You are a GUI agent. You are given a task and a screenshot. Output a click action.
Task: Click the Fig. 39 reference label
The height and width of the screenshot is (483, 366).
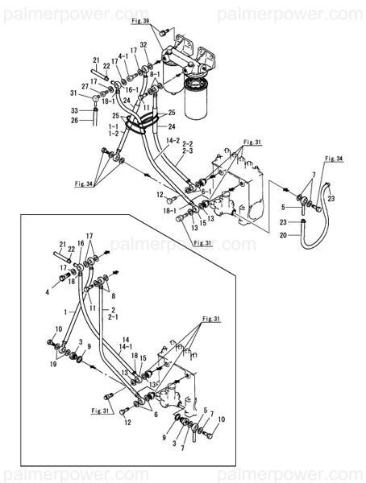tap(140, 21)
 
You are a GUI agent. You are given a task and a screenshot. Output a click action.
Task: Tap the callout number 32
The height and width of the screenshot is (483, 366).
tap(143, 45)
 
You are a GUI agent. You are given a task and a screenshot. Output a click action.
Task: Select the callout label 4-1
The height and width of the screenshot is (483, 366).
tap(123, 56)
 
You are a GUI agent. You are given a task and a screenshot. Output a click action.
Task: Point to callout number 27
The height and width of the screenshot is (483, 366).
tap(85, 87)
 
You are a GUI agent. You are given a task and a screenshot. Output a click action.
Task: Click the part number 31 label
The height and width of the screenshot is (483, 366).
tap(73, 93)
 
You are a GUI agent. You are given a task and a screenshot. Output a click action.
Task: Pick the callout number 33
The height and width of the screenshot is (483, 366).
tap(74, 110)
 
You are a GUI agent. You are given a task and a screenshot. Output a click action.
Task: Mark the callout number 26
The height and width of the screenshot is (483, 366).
tap(74, 120)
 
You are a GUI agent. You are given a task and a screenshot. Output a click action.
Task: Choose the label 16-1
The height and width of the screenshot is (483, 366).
tap(133, 89)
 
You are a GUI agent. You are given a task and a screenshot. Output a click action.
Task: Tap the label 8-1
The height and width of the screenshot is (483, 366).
tap(155, 75)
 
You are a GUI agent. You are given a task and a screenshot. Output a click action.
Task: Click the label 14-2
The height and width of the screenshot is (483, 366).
tap(173, 141)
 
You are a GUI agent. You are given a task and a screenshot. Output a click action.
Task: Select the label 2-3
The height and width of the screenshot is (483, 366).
tap(188, 151)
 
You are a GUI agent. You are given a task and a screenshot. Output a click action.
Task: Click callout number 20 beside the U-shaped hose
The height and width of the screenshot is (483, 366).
tap(283, 235)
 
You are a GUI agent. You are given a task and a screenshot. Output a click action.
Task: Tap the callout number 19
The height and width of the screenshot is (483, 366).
tap(53, 364)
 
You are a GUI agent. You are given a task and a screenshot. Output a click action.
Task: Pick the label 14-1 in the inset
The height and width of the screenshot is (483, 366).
tap(125, 346)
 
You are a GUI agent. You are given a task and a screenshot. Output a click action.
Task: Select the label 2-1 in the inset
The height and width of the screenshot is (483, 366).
tap(113, 317)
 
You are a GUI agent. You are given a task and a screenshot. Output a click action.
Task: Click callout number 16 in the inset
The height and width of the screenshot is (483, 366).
tap(81, 244)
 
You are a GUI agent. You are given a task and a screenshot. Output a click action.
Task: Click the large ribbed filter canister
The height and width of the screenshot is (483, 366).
tap(195, 97)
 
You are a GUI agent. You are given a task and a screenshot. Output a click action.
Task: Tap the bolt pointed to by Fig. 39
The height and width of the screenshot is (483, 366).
tap(164, 31)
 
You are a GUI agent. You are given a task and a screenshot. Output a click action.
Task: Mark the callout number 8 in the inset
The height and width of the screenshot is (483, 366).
tap(113, 296)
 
